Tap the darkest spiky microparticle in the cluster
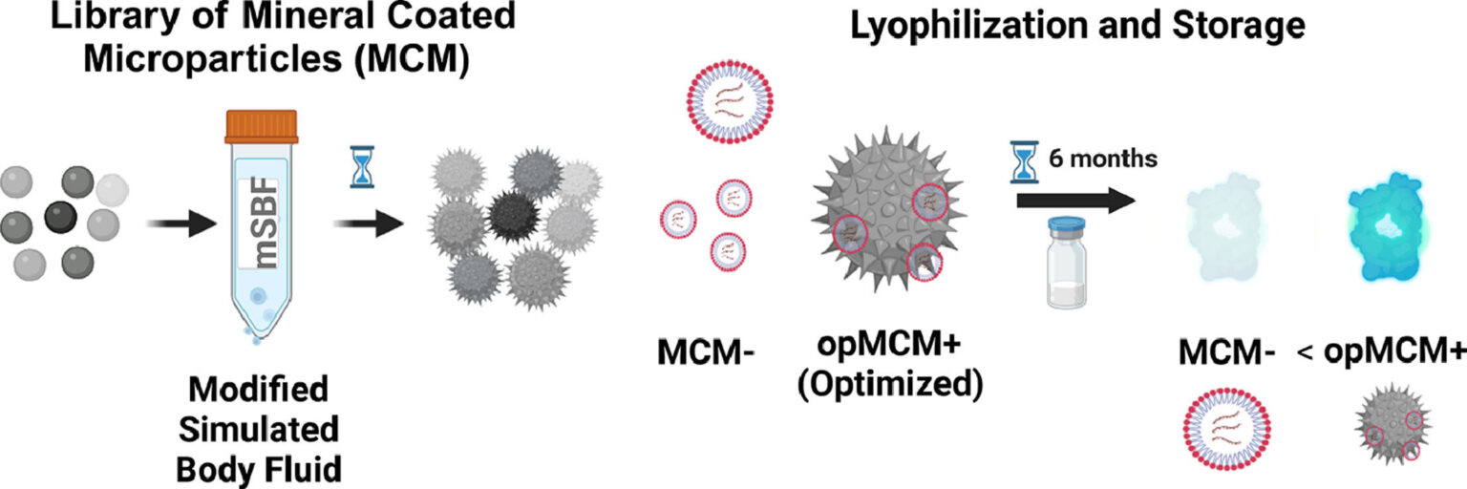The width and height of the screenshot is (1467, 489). point(513,214)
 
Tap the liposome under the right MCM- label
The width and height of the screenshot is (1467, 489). point(1226,438)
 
